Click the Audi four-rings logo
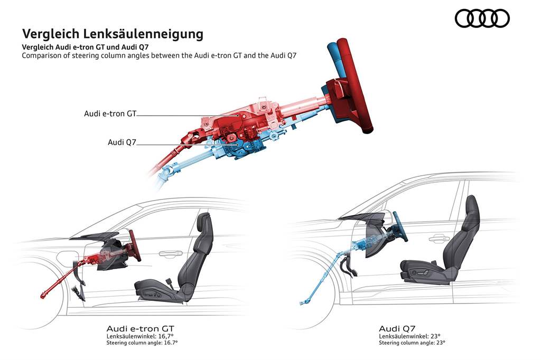click(x=482, y=18)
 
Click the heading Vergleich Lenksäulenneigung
click(x=113, y=34)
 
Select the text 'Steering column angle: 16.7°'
click(x=142, y=343)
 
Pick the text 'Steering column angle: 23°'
click(x=412, y=343)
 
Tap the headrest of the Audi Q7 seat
click(x=472, y=206)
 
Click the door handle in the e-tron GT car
click(x=167, y=254)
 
